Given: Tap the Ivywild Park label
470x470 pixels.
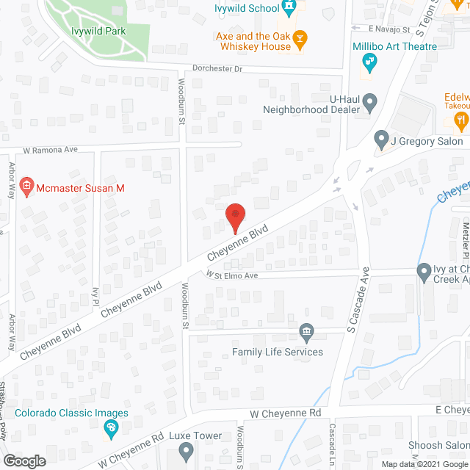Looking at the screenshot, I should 98,31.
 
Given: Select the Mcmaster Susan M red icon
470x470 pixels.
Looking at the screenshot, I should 27,188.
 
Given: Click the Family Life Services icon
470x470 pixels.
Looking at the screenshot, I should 307,334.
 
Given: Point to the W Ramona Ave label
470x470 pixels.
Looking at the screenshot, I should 50,149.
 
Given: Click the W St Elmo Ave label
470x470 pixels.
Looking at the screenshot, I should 232,275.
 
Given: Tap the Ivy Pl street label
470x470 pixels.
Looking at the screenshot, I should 95,296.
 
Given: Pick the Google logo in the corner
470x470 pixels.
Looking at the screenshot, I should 23,461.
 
